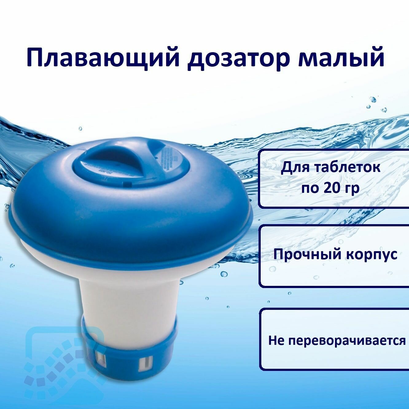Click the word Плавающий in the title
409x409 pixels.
[103, 58]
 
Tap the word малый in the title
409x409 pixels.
[341, 58]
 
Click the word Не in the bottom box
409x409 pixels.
[275, 341]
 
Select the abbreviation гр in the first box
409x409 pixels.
[352, 188]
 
